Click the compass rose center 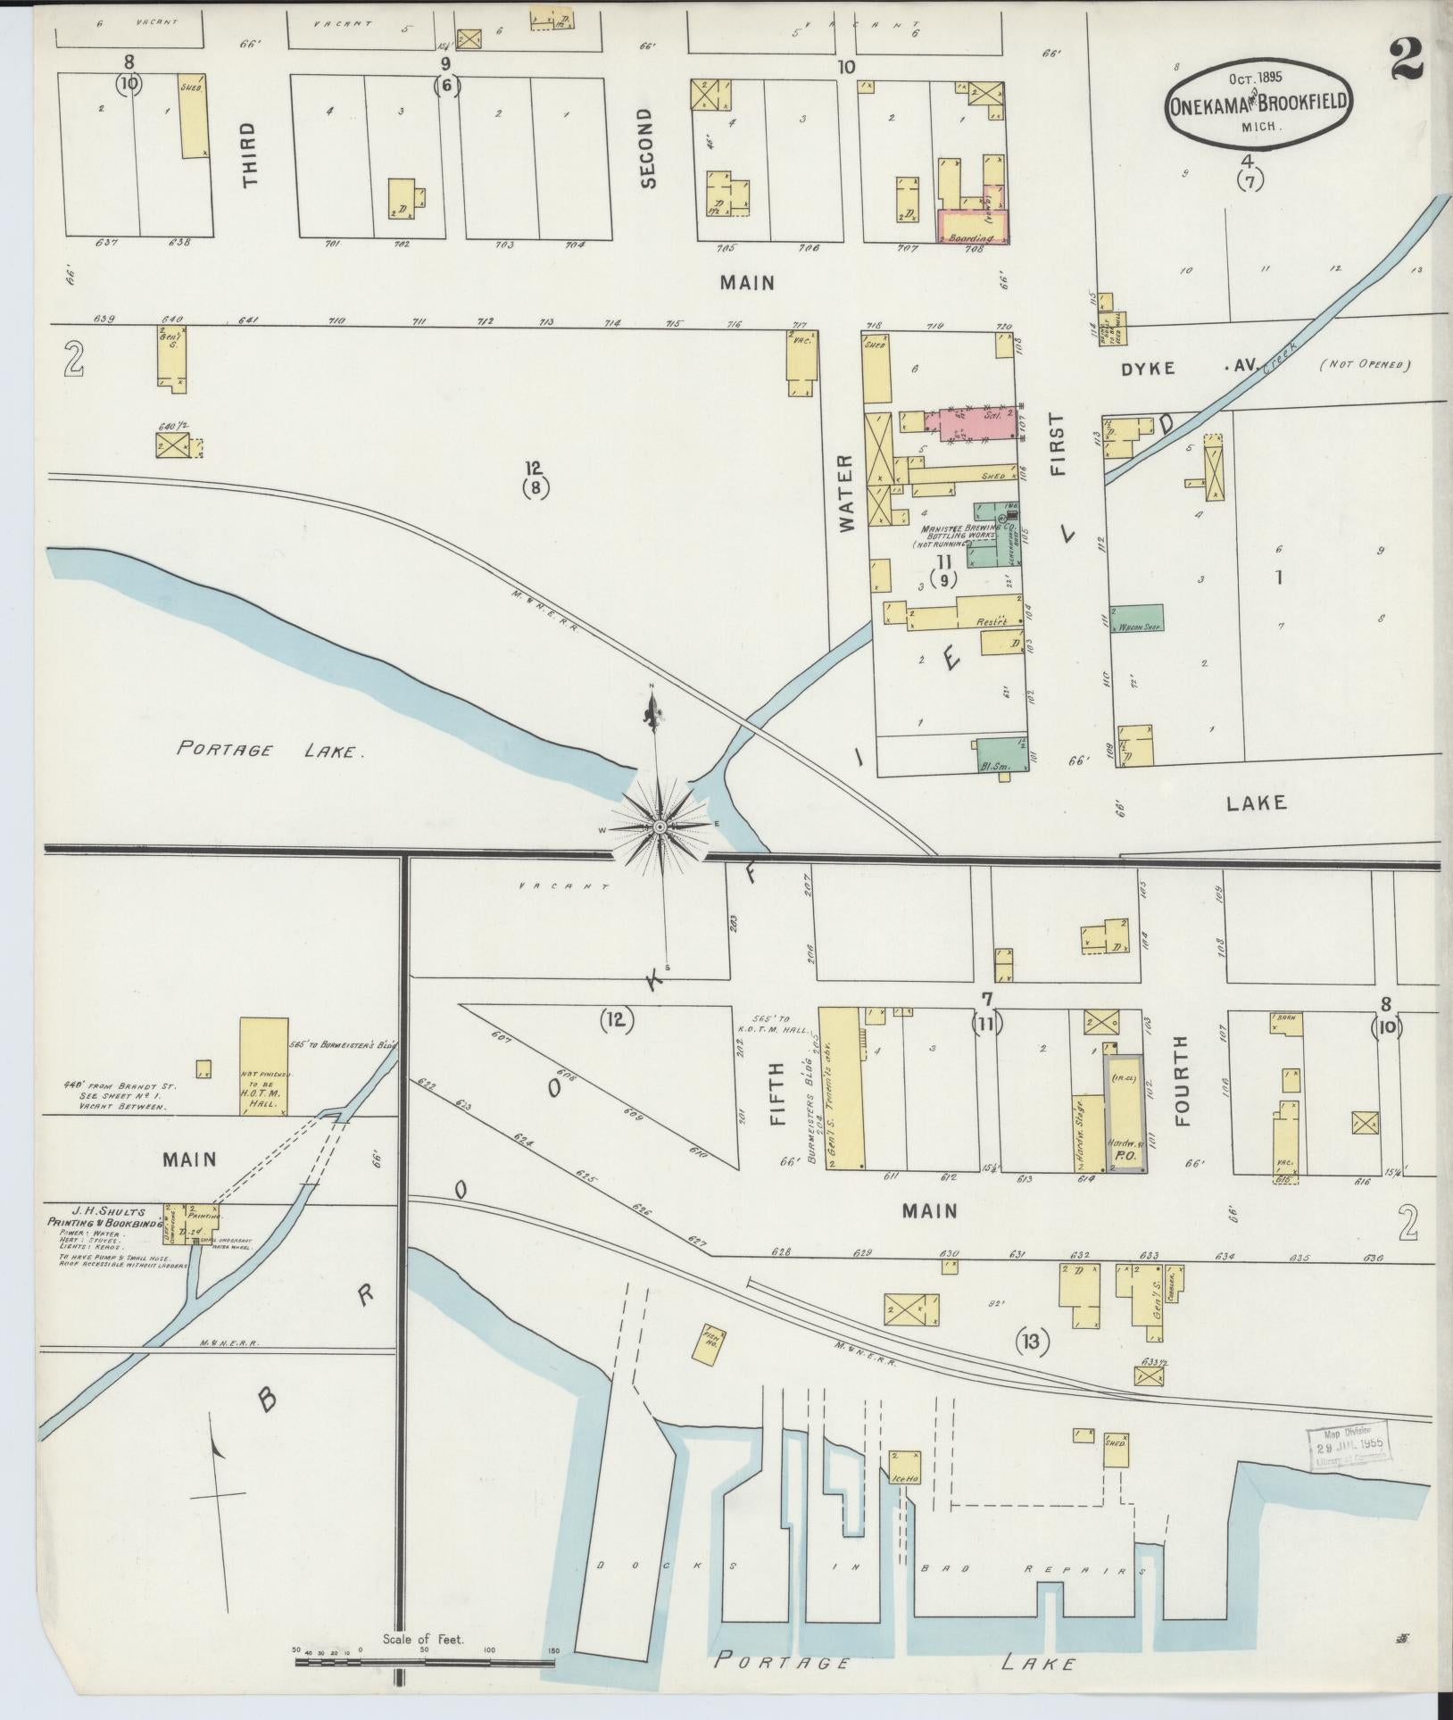pos(659,827)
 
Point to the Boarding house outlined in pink pos(972,227)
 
